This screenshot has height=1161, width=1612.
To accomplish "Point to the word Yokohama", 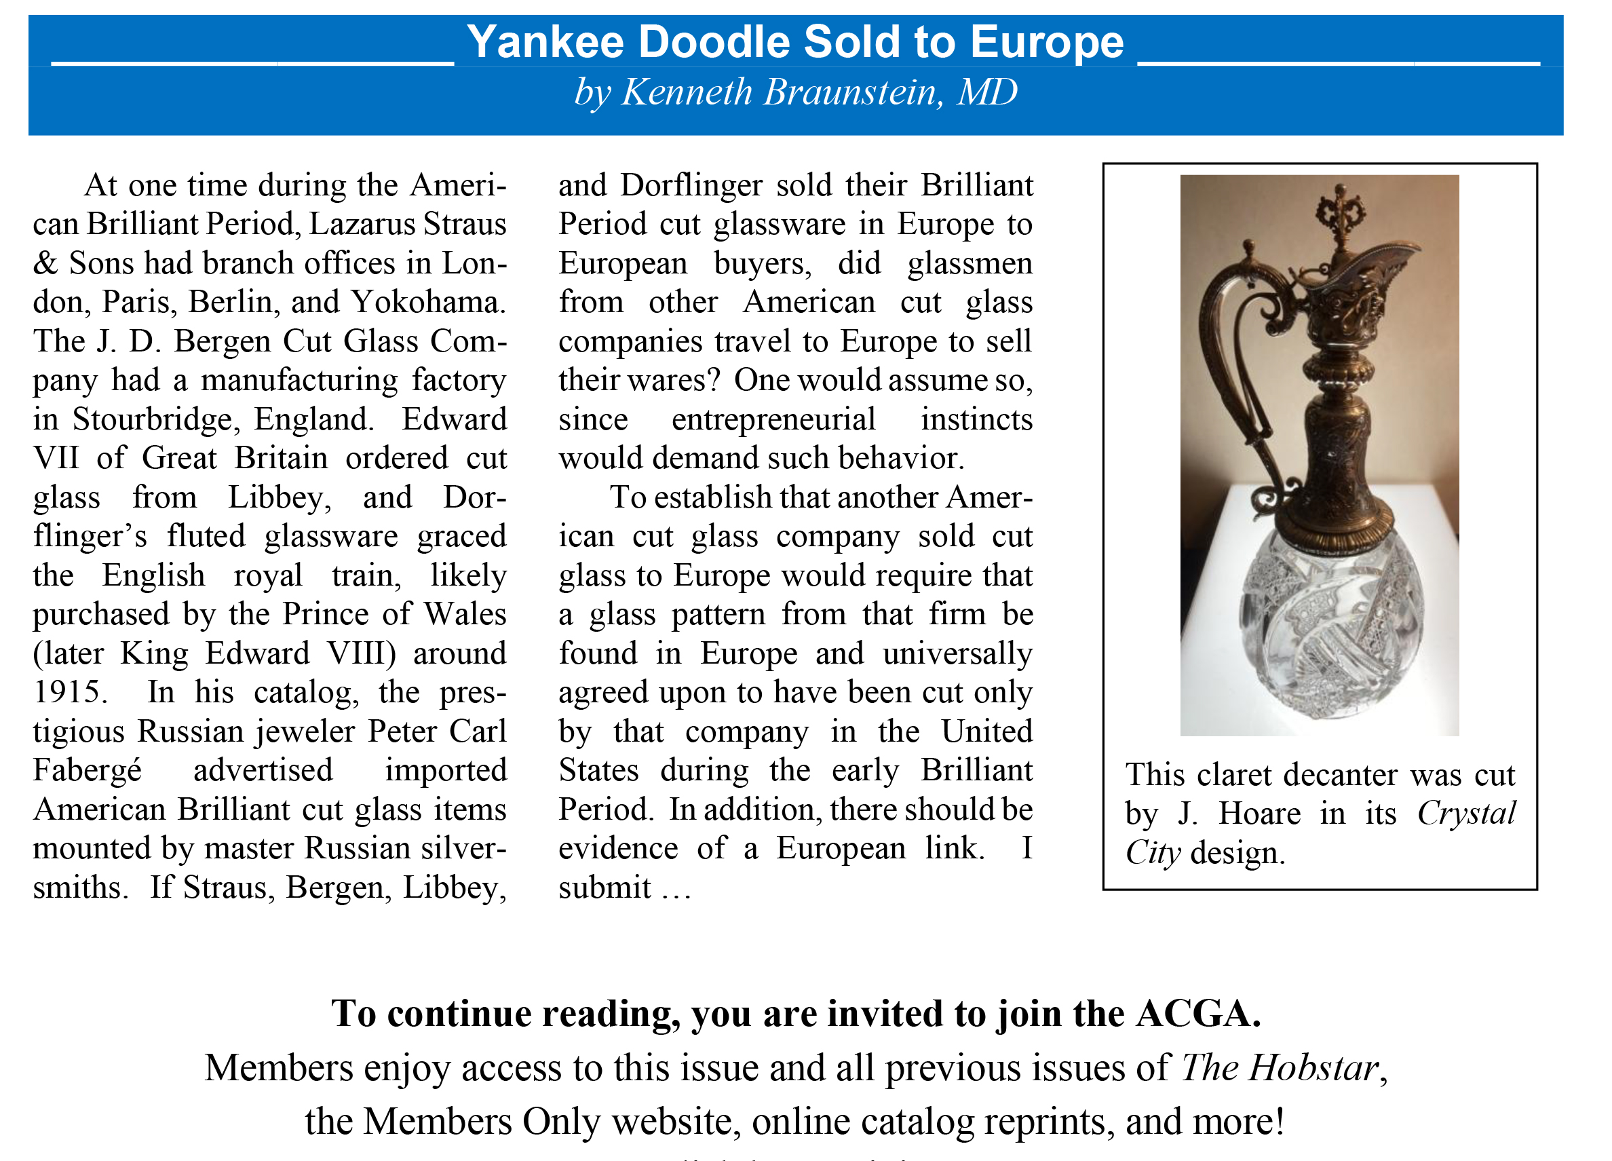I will pyautogui.click(x=428, y=302).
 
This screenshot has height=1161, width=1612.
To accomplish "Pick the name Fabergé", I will pyautogui.click(x=88, y=771).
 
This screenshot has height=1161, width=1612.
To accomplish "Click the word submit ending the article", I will pyautogui.click(x=604, y=888).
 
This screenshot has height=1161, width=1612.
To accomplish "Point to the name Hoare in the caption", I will pyautogui.click(x=1259, y=814).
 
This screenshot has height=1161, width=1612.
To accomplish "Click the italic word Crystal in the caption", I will pyautogui.click(x=1466, y=814).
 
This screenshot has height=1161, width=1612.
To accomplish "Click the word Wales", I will pyautogui.click(x=465, y=614).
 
